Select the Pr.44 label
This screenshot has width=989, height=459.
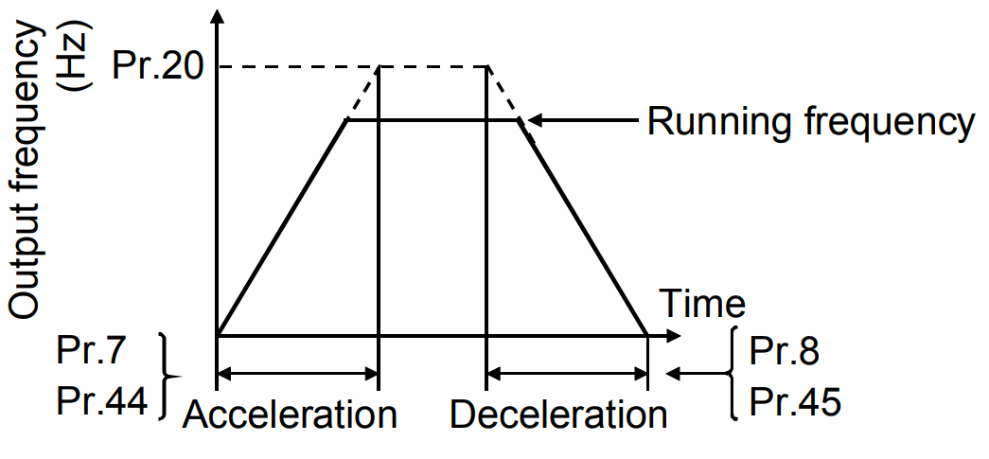(x=103, y=401)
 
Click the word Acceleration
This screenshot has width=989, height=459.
(x=290, y=415)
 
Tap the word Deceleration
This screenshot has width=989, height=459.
(x=558, y=415)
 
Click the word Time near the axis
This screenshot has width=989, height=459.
(x=701, y=305)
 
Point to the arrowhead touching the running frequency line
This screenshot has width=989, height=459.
(x=533, y=120)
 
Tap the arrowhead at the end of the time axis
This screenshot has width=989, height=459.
(x=673, y=335)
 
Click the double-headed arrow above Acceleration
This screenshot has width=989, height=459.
(x=298, y=376)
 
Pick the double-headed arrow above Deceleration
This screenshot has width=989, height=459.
(x=567, y=376)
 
